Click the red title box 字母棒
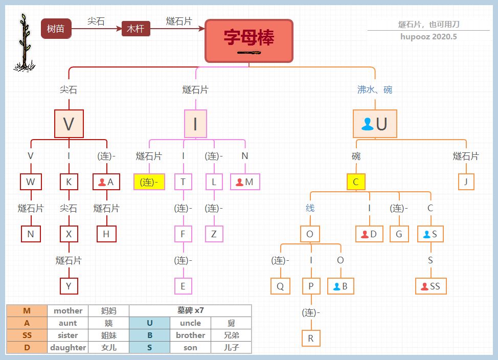point(249,40)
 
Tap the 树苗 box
point(56,29)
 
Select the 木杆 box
point(135,29)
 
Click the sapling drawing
point(24,43)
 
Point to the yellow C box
point(356,182)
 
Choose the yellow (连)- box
point(149,182)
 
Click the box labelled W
point(31,182)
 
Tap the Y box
point(69,286)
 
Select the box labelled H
point(106,234)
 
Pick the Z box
point(214,234)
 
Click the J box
point(466,182)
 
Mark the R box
point(310,338)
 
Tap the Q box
point(280,286)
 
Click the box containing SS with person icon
point(431,286)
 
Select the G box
point(399,234)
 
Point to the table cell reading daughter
point(67,347)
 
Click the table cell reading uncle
point(190,323)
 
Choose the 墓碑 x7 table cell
point(190,310)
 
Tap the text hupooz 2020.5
point(428,36)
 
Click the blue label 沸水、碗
point(375,89)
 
